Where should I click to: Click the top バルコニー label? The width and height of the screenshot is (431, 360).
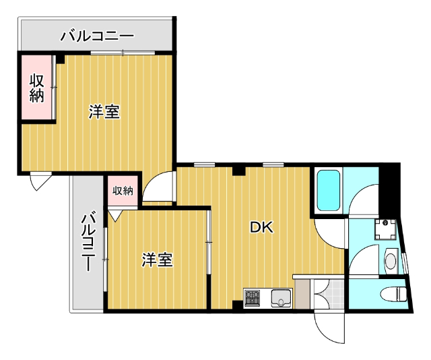pos(97,35)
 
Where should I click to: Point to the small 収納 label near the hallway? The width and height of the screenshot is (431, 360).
pos(123,191)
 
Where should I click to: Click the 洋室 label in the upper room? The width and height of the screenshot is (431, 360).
pos(104,112)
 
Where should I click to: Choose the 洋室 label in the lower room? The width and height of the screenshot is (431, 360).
pos(158,260)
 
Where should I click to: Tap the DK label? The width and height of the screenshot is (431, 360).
pos(261,228)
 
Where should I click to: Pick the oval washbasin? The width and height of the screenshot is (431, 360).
pos(390,260)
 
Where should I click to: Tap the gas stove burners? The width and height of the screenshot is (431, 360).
pos(253,297)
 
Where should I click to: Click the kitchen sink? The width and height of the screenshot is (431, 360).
pos(281,297)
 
